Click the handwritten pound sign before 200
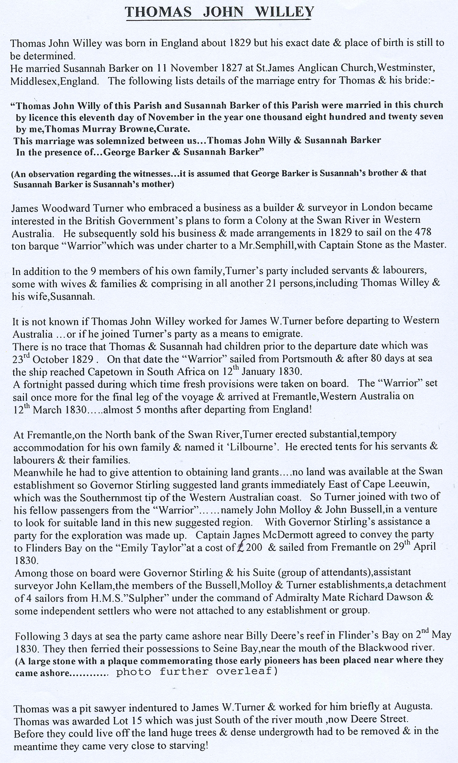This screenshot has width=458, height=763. (x=241, y=547)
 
